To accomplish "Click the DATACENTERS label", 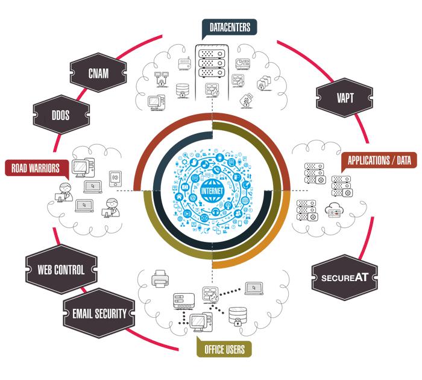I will point(230,28).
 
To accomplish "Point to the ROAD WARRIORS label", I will point(36,168).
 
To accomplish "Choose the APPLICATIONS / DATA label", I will point(379,160).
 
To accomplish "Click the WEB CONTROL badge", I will point(61,270).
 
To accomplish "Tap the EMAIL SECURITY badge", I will point(99,313).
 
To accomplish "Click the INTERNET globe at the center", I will point(211,191).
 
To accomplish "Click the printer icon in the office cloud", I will point(160,278).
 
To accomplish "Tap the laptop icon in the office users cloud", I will point(254,288).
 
